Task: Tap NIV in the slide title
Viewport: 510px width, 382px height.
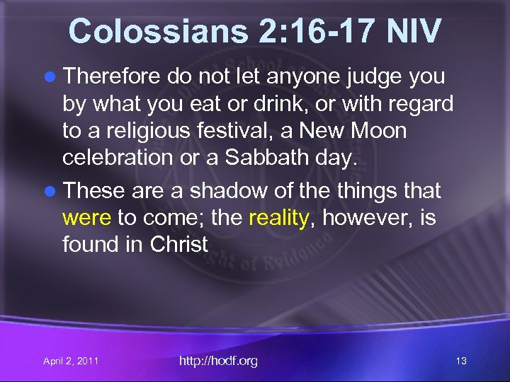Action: [414, 31]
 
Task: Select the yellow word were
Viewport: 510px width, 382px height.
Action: [87, 218]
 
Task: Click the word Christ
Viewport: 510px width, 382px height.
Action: [179, 245]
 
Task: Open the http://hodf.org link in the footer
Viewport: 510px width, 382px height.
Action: [218, 361]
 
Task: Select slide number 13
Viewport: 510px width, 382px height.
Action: [461, 361]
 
